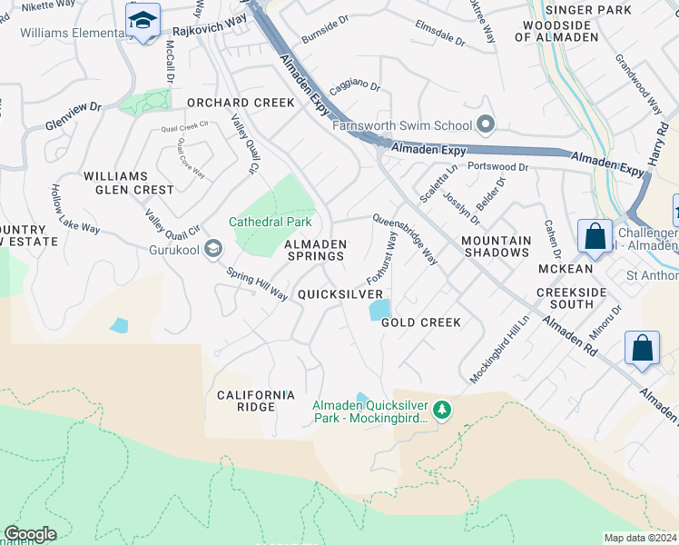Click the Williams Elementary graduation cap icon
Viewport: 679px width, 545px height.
(143, 22)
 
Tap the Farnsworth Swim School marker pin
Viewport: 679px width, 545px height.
(486, 125)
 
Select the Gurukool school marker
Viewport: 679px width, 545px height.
(212, 248)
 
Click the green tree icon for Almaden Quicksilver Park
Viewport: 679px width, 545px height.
(442, 411)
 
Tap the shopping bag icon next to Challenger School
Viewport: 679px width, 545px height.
(595, 236)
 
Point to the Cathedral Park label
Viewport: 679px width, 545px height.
(270, 222)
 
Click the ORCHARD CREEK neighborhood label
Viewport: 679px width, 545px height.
(241, 104)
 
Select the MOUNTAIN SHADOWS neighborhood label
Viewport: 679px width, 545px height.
(496, 246)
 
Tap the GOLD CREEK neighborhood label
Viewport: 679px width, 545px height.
(421, 322)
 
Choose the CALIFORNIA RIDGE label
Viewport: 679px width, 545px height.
(256, 401)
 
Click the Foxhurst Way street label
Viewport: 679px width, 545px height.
(382, 257)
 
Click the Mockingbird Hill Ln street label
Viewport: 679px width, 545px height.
(499, 350)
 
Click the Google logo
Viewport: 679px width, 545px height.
(29, 534)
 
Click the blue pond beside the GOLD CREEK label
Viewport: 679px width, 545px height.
(378, 310)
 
